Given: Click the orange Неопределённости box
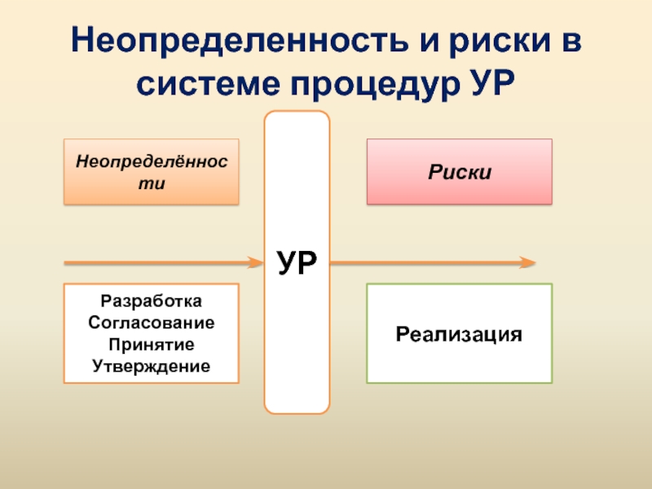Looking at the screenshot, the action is coord(152,171).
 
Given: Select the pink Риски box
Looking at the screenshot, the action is coord(459,171).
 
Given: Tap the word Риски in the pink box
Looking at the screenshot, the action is coord(459,172).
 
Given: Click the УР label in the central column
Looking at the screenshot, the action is coord(297,262).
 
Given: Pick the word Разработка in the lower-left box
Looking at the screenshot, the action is coord(152,302).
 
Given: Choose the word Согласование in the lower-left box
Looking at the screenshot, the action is coord(152,323).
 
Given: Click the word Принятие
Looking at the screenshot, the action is coord(152,344).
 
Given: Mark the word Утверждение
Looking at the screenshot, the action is coord(152,365).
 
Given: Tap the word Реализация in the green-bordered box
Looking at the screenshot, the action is coord(459,334).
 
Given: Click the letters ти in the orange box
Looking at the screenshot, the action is coord(152,183).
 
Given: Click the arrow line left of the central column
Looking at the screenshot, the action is coord(155,262).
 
